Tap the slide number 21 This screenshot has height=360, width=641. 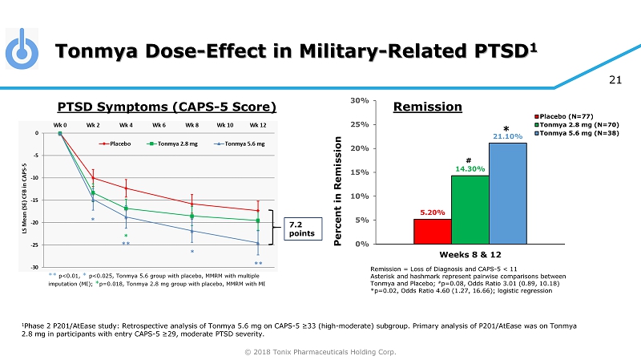tap(616, 79)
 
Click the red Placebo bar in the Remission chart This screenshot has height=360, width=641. tap(432, 231)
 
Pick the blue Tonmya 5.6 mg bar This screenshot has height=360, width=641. tap(507, 192)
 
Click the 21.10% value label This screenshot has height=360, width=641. tap(507, 136)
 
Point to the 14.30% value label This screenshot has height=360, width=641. tap(470, 169)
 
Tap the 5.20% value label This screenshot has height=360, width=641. tap(433, 212)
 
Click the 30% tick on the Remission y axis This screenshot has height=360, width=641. tap(358, 100)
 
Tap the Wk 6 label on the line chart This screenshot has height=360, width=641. tap(159, 125)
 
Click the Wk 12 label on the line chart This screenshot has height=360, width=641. tap(257, 125)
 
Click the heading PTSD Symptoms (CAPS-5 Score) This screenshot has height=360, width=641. tap(167, 107)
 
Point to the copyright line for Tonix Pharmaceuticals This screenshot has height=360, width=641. tap(320, 352)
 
